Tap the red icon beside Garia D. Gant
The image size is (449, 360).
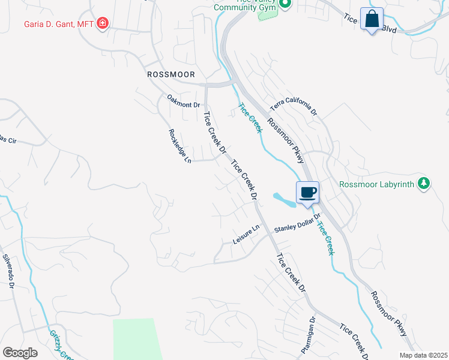103,23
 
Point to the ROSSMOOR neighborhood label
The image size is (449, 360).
172,74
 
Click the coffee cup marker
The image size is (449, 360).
308,193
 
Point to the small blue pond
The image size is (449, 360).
283,200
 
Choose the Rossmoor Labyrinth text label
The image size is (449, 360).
376,184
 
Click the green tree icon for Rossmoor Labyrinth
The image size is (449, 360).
424,183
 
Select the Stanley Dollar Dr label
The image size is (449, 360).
298,226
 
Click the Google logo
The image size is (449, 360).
20,352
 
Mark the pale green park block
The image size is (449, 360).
137,338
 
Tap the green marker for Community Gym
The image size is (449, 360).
286,4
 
